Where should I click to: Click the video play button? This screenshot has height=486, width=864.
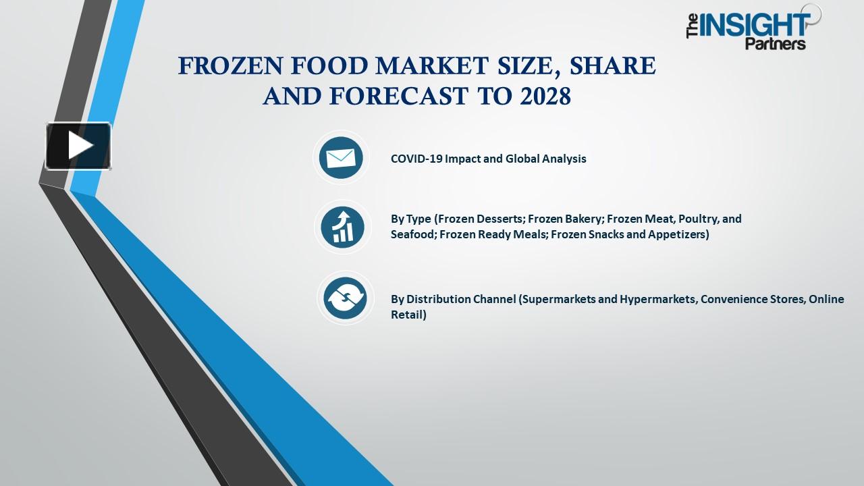coord(78,145)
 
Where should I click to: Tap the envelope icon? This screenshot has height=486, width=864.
coord(341,158)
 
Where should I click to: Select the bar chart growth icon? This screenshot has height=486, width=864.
coord(342,227)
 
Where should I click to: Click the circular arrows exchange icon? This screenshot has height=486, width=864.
coord(344,298)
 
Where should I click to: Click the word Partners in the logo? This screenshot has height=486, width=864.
coord(776,45)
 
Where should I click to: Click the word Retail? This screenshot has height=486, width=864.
coord(408,315)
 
